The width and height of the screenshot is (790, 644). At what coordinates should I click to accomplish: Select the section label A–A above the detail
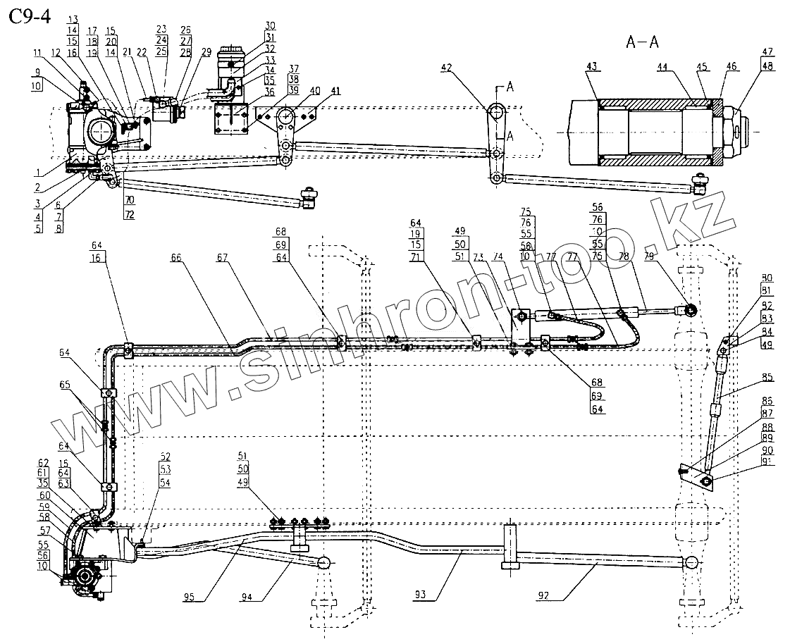[x=642, y=42]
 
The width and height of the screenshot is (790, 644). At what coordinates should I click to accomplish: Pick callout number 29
[x=206, y=53]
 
